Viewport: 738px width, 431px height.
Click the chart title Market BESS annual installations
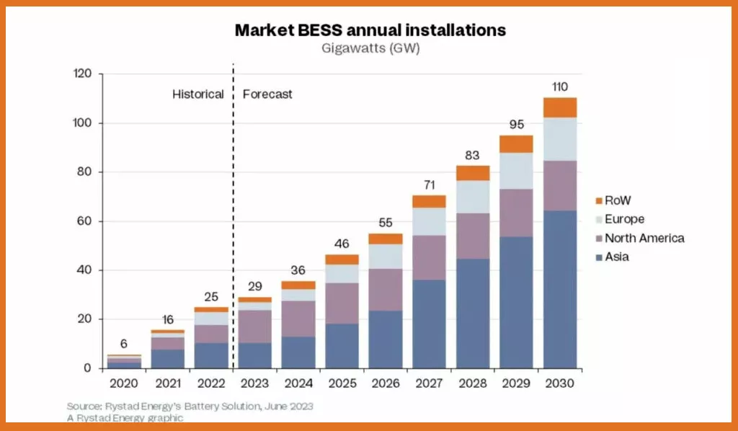click(x=370, y=30)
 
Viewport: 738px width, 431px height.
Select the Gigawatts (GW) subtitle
click(x=370, y=48)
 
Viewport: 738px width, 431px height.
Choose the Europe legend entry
click(x=625, y=219)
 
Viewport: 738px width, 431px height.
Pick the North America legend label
click(x=644, y=238)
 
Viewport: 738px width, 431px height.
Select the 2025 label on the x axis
click(x=342, y=383)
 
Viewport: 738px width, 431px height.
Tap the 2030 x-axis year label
click(x=560, y=383)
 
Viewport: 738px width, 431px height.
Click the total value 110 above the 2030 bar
click(x=560, y=86)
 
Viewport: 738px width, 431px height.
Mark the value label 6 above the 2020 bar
click(x=124, y=343)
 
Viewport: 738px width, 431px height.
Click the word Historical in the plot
click(x=197, y=94)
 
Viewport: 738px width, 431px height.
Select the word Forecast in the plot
click(x=267, y=94)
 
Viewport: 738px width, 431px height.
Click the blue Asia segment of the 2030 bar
click(x=560, y=289)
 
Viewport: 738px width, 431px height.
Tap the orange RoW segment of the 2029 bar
click(x=516, y=144)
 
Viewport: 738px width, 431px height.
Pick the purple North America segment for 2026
click(x=386, y=290)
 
